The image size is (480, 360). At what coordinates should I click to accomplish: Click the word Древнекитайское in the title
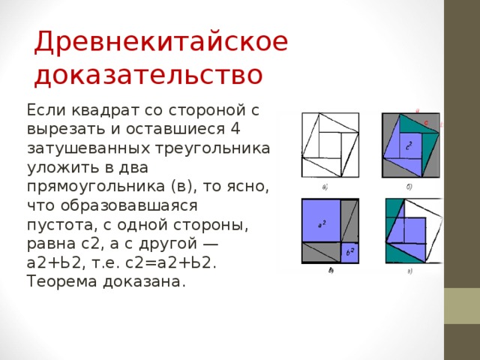[160, 41]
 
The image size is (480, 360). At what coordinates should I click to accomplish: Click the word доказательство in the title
[148, 75]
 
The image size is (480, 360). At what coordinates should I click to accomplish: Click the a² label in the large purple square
[320, 223]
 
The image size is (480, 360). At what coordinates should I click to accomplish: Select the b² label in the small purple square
[349, 252]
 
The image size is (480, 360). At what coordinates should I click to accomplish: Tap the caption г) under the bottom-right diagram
[409, 271]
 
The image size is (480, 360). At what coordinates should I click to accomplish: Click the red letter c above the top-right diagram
[426, 121]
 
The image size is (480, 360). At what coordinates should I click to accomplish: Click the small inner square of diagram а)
[328, 142]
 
